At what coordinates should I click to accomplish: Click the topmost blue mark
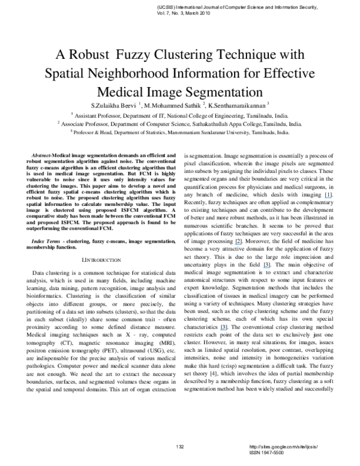point(328,198)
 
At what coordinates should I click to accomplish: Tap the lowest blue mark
point(223,330)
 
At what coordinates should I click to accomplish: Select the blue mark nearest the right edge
point(328,198)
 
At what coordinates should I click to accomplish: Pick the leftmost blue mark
point(223,330)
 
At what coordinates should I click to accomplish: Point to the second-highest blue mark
point(238,244)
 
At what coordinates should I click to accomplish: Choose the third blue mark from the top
point(266,268)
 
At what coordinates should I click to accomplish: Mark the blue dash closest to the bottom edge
point(223,330)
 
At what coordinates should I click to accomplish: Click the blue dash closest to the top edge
point(328,198)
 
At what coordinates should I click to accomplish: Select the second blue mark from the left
point(238,244)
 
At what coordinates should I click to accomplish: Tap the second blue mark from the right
point(266,268)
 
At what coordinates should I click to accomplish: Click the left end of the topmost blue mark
point(325,198)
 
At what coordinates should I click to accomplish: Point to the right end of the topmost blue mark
point(332,198)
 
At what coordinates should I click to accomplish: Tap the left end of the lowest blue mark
point(220,330)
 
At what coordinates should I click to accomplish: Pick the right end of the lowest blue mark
point(227,330)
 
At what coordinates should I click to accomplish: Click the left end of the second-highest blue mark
point(235,244)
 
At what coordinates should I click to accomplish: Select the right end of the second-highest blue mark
point(242,244)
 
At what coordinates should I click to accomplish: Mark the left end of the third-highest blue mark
point(263,268)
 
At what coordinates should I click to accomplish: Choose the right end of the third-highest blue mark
point(271,268)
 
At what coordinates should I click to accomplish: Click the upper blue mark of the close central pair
point(238,244)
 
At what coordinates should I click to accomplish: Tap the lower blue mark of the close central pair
point(266,268)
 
